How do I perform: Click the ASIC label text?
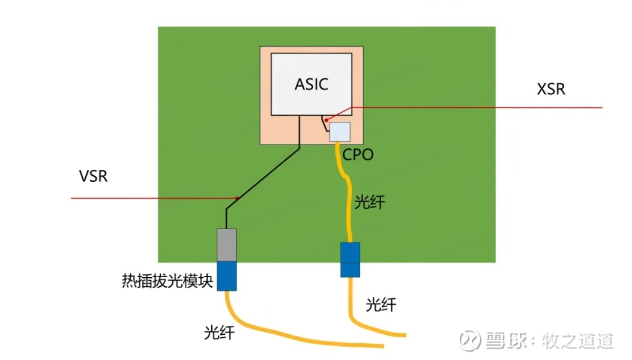(x=311, y=84)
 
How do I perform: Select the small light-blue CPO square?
(x=340, y=131)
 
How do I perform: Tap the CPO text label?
(x=358, y=155)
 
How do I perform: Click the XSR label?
(x=551, y=89)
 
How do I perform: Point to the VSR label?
(x=93, y=176)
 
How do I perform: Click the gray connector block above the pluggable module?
(x=227, y=244)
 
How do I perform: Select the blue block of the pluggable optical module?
(x=227, y=275)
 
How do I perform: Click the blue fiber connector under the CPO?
(x=350, y=260)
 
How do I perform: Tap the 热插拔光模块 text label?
(x=167, y=281)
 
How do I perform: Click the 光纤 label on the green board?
(x=369, y=202)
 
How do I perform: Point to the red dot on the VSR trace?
(x=238, y=197)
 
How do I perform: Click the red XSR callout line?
(x=480, y=107)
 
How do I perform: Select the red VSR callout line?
(x=150, y=197)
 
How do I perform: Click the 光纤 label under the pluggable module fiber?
(x=219, y=332)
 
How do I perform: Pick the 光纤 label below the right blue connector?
(x=381, y=305)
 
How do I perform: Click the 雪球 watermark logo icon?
(x=470, y=340)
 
